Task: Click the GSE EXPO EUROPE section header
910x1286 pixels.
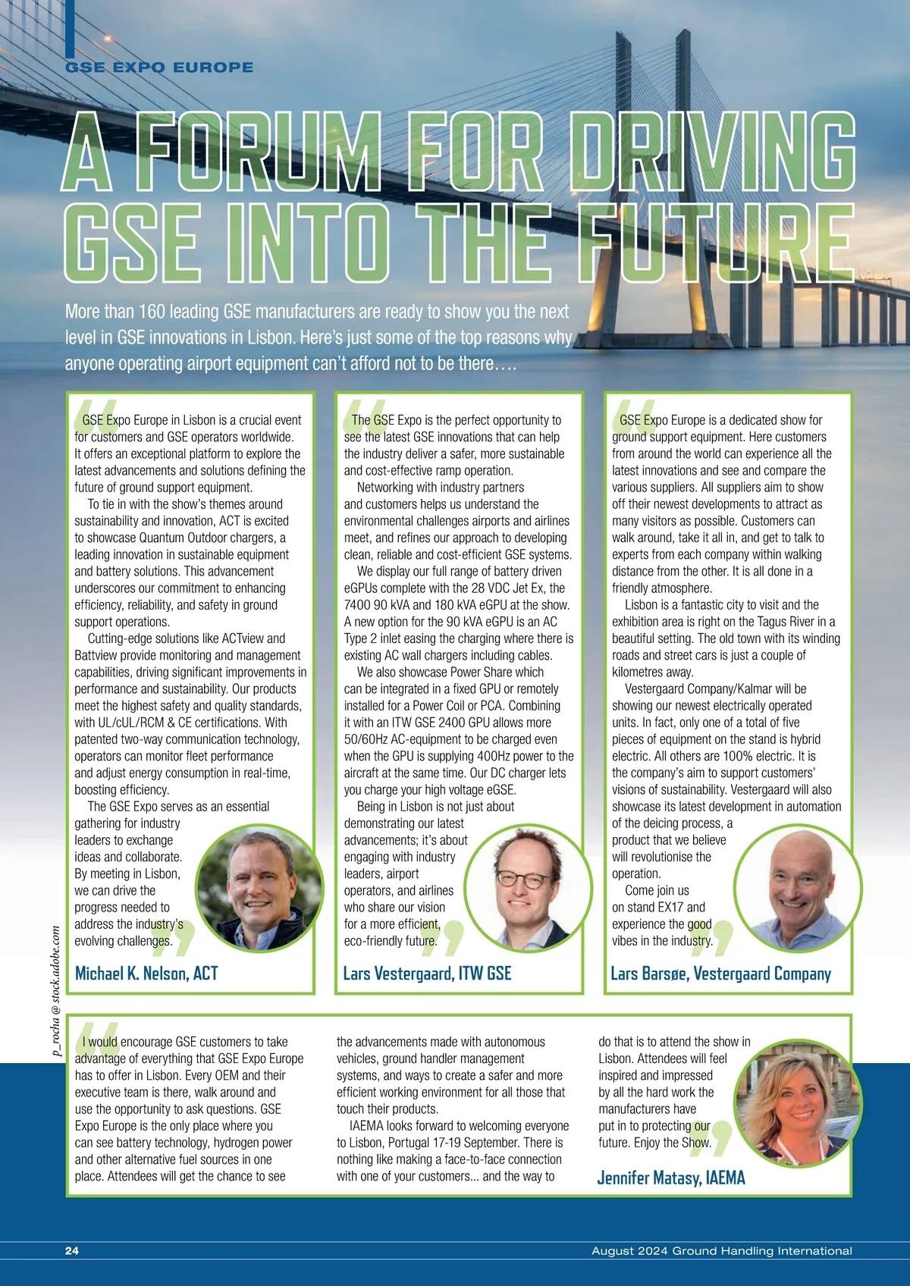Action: (159, 67)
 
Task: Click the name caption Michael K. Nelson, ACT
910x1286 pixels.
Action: (146, 974)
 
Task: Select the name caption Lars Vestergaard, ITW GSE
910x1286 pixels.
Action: (427, 974)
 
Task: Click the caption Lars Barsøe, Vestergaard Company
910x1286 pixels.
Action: (720, 974)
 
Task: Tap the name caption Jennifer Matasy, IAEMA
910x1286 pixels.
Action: (671, 1178)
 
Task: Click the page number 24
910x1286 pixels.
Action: (72, 1251)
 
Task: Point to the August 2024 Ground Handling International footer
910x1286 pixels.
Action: (721, 1251)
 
